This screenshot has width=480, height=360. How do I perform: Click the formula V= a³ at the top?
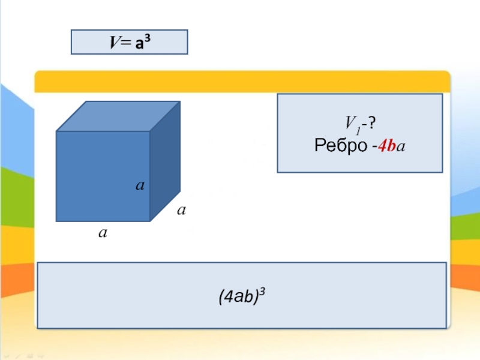click(130, 42)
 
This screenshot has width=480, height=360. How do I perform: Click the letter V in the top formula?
click(113, 43)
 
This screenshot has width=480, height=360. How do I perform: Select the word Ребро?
click(338, 145)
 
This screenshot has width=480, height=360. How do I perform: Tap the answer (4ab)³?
click(242, 295)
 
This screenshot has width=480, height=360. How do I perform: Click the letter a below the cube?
click(103, 232)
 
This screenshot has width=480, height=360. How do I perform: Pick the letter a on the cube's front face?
click(139, 187)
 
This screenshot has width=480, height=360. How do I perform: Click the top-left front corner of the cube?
click(56, 131)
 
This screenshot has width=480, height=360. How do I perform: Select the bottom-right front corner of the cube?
click(149, 221)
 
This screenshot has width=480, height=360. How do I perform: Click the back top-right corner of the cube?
click(180, 101)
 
